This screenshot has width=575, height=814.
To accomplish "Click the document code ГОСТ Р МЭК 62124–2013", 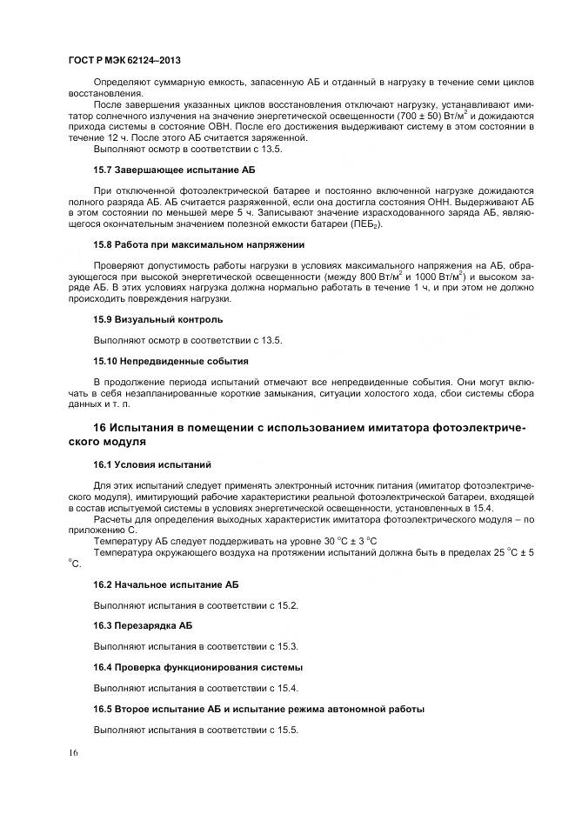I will click(x=124, y=61).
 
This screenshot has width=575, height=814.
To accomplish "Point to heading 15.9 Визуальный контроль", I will click(x=151, y=319).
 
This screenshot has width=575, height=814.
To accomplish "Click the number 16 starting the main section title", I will click(x=101, y=428).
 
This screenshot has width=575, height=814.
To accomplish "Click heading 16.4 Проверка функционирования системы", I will click(x=198, y=667).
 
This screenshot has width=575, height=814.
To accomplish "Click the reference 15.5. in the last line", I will click(x=286, y=729).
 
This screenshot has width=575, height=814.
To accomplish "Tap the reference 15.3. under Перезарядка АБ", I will click(x=286, y=646).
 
